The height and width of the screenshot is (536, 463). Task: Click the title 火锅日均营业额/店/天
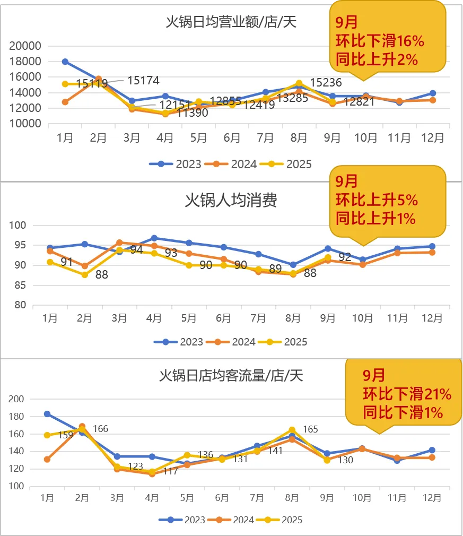[231, 22]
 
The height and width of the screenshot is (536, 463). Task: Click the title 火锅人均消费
[231, 200]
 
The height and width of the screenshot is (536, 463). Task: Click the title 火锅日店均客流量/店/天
[231, 376]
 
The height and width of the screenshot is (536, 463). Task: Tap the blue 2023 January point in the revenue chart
[65, 62]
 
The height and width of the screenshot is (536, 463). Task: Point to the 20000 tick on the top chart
[26, 46]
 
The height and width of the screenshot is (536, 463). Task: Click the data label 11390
[193, 113]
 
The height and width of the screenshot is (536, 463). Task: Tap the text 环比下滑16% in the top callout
[379, 41]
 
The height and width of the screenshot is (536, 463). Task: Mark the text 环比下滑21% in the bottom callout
[407, 394]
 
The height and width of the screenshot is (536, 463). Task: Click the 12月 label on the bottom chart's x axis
[432, 498]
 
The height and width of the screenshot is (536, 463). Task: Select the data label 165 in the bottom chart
[311, 429]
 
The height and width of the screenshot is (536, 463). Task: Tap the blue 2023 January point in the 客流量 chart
[47, 414]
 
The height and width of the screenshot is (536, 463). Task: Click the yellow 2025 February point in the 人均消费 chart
[85, 274]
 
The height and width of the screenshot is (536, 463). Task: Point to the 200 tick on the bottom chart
[18, 399]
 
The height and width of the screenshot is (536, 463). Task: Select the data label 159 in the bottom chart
[66, 435]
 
